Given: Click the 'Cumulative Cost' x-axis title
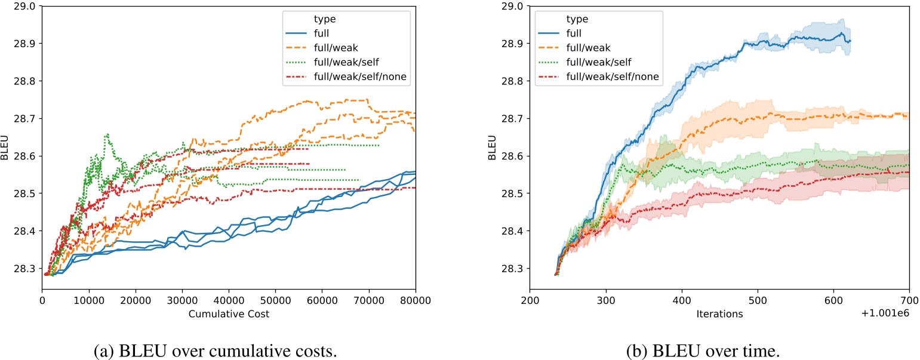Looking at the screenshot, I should (x=228, y=314).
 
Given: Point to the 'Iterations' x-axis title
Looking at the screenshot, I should (x=719, y=314).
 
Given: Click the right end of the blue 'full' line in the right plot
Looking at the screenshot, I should (x=850, y=41).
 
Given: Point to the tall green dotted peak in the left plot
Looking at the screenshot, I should (x=107, y=134).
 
